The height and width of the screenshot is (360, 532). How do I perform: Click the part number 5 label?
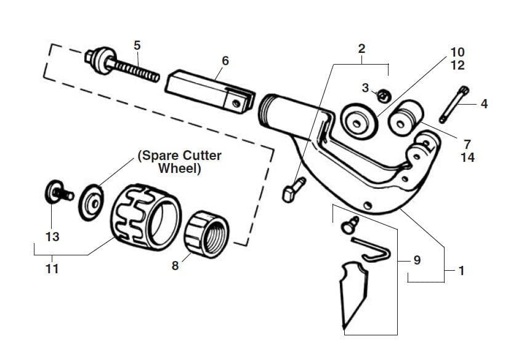coord(137,45)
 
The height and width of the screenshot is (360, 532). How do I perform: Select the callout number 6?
coord(225,60)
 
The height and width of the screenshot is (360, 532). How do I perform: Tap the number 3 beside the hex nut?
coord(365,88)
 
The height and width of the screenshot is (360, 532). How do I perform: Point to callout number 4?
coord(484,104)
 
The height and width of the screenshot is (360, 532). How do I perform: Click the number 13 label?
coord(52,236)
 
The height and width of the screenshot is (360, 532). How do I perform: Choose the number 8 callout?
coord(175,266)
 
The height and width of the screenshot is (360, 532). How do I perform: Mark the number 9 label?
coord(416,260)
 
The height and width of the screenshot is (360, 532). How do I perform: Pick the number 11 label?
coord(52,269)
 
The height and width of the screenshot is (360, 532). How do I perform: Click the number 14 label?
coord(468,157)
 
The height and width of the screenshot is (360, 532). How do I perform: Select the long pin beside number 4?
coord(454,105)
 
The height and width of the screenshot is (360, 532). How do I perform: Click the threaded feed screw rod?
coord(132,69)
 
